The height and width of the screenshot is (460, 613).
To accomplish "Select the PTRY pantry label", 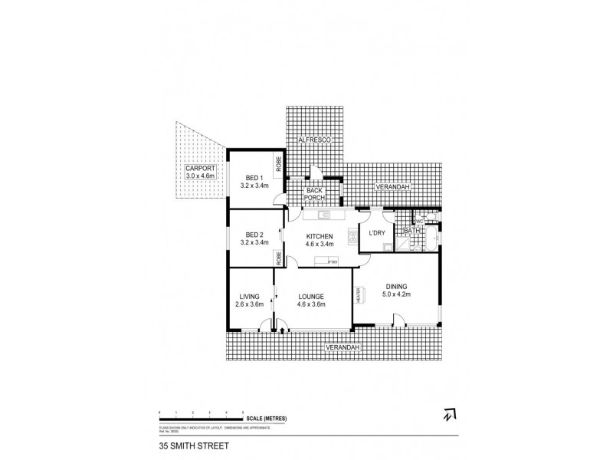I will click(x=333, y=262).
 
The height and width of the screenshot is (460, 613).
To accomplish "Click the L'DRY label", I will click(x=376, y=232).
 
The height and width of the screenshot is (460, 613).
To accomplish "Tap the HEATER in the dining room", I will click(x=357, y=295).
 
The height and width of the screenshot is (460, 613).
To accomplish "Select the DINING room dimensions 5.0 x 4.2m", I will click(x=396, y=294).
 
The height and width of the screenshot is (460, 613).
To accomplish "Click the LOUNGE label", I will click(x=311, y=297).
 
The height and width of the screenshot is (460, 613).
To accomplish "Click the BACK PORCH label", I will click(x=314, y=194).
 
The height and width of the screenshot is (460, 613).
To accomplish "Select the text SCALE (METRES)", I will click(x=267, y=417).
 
